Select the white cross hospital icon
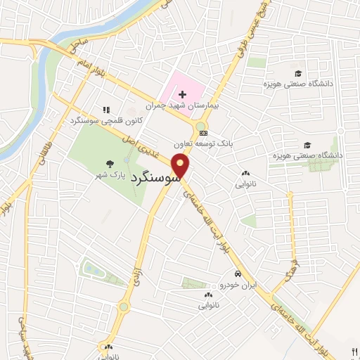(182, 94)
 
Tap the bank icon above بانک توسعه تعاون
(203, 132)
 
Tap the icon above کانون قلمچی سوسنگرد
(106, 110)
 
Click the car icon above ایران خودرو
(238, 274)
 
